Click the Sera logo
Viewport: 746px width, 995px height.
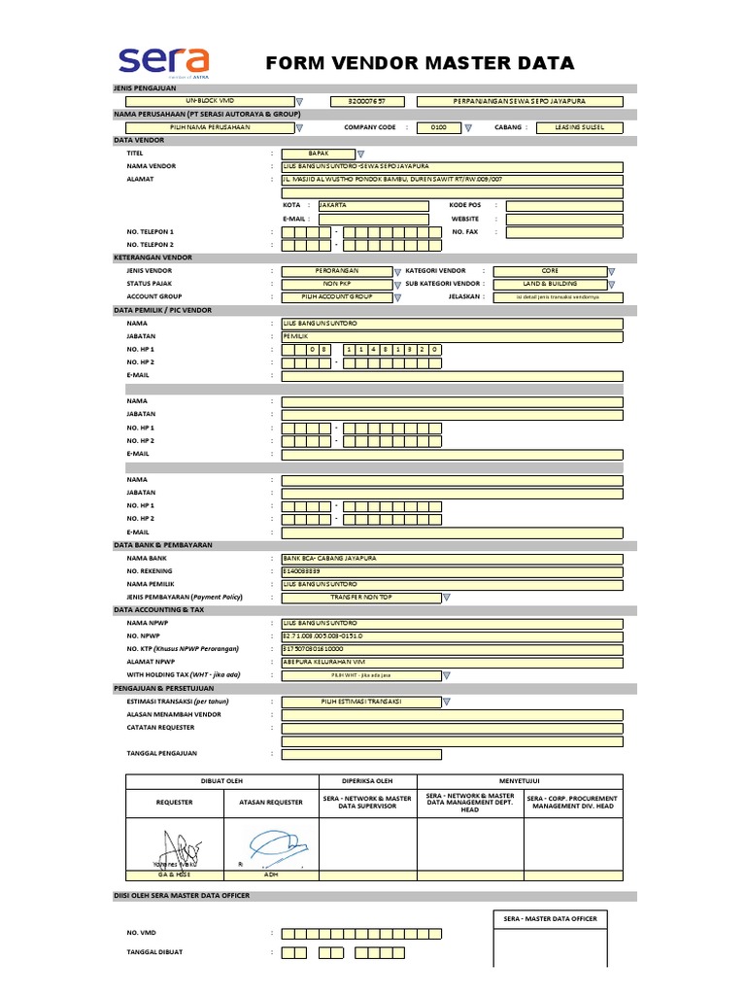pyautogui.click(x=164, y=62)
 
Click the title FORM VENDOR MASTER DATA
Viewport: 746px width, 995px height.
pyautogui.click(x=421, y=64)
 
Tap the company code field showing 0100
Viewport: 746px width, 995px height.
pyautogui.click(x=438, y=126)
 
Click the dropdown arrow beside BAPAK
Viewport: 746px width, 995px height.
pyautogui.click(x=360, y=154)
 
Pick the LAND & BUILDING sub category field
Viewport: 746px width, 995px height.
pyautogui.click(x=549, y=284)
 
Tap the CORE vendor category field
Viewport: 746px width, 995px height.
pyautogui.click(x=550, y=271)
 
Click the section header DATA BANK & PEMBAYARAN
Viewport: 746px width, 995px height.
pyautogui.click(x=163, y=545)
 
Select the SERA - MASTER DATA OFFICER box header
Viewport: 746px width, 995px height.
pyautogui.click(x=550, y=918)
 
